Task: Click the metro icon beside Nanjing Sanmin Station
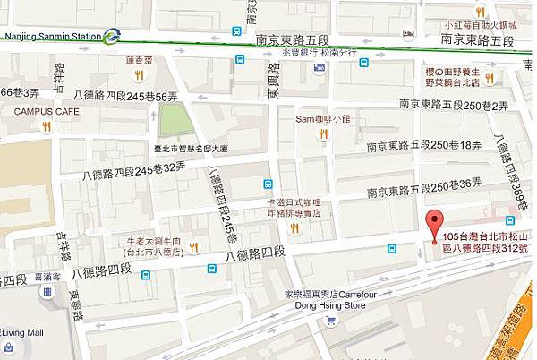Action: coord(112,36)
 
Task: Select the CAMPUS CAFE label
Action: coord(41,111)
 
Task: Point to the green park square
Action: coord(176,119)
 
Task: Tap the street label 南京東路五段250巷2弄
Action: coord(454,106)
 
